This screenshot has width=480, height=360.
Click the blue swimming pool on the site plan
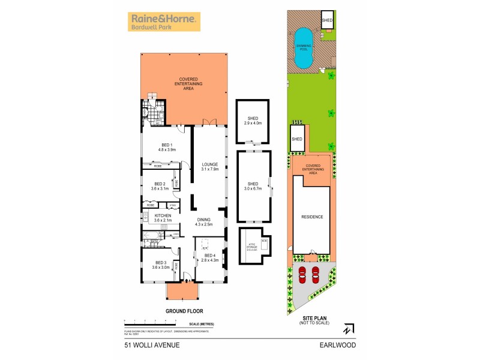click(x=303, y=48)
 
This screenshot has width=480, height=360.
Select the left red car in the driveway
click(x=302, y=275)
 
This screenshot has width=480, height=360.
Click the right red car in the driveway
click(x=316, y=275)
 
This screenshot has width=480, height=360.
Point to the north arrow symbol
click(x=347, y=329)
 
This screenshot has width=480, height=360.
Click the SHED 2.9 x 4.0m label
click(x=253, y=121)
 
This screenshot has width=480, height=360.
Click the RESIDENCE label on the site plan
click(x=311, y=217)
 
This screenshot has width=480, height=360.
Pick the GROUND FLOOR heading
click(x=184, y=311)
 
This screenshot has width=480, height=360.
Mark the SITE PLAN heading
click(x=311, y=320)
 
